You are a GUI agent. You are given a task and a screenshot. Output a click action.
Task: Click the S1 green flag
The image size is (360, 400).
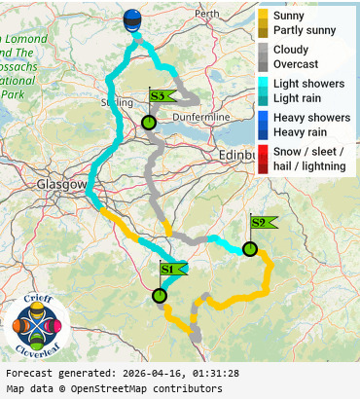[171, 269]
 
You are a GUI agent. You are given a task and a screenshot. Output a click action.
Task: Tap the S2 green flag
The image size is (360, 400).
[262, 223]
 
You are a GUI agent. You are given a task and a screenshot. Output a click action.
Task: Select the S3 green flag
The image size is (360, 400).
[161, 95]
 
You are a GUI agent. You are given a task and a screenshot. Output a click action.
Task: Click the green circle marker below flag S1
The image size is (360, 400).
[160, 296]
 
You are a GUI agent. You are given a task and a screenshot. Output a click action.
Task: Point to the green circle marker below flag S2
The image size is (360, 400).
[250, 249]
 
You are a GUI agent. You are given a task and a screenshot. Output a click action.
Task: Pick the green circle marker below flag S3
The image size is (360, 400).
[148, 123]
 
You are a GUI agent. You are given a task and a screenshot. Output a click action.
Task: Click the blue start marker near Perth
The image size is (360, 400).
[132, 20]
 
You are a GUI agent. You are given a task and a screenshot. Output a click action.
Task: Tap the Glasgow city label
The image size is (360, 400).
[61, 184]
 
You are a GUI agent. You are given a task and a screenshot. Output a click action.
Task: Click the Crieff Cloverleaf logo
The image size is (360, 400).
[37, 324]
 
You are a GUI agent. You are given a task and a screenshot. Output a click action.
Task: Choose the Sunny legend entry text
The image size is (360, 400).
[289, 17]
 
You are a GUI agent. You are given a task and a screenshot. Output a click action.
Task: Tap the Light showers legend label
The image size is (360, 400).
[308, 84]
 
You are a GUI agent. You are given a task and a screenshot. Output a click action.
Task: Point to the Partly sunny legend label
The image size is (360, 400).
[305, 30]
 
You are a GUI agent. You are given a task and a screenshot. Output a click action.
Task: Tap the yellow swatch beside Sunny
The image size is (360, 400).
[263, 17]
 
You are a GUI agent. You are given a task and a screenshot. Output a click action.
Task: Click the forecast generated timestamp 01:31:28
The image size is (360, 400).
[206, 374]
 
